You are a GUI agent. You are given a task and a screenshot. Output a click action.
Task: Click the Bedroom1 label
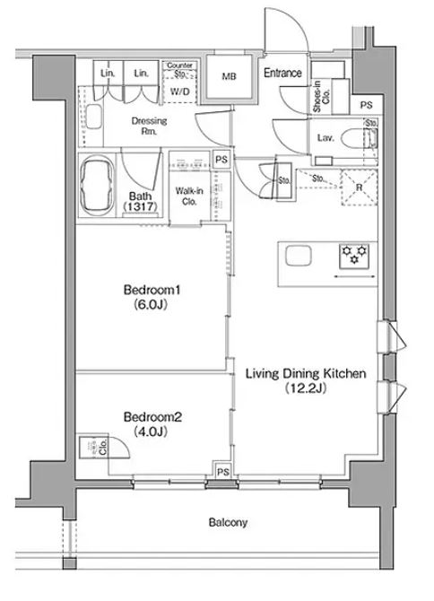[152, 291]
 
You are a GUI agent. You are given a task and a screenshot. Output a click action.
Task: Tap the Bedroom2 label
[152, 416]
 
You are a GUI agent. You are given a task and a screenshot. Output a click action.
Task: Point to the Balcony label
[229, 521]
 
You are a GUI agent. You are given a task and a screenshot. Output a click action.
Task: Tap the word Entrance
[282, 74]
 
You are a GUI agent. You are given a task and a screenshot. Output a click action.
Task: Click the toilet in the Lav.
[367, 137]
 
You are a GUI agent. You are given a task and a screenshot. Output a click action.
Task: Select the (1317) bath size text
[140, 207]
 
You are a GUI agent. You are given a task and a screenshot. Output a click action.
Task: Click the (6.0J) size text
[152, 305]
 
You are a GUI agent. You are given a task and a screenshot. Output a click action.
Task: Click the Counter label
[180, 65]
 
